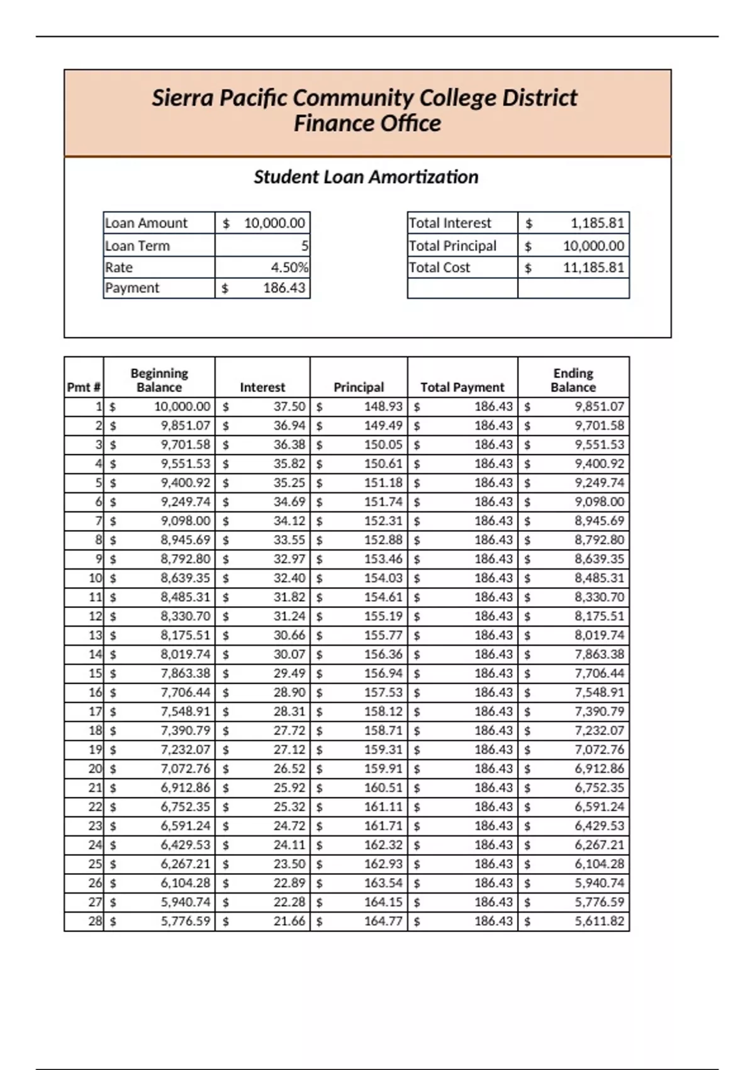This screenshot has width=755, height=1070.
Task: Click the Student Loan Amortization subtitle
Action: (366, 177)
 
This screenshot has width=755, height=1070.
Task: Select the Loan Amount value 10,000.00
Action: (274, 223)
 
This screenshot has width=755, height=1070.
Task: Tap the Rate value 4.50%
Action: (289, 267)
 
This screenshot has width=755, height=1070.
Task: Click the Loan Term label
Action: (137, 245)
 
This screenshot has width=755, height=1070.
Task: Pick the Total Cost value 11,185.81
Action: (593, 267)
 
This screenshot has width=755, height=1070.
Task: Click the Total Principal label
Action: (452, 245)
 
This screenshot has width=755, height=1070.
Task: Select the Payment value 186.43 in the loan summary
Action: (284, 288)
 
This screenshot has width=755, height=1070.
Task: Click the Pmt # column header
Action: (84, 387)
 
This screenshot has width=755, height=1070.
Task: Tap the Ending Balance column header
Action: (573, 380)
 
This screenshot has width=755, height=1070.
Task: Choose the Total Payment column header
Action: (462, 387)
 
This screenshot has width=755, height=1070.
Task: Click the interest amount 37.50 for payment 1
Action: (289, 407)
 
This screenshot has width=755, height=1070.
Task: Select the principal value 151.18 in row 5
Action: (383, 483)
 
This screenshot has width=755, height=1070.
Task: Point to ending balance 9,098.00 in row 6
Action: (599, 502)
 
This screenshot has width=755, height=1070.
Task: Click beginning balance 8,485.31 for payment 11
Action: (185, 597)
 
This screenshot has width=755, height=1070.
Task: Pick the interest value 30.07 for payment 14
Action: (289, 654)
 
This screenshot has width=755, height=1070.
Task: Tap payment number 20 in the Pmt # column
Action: (95, 769)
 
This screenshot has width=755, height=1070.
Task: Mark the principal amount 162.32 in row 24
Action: (383, 845)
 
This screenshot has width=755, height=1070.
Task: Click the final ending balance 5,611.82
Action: (599, 921)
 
